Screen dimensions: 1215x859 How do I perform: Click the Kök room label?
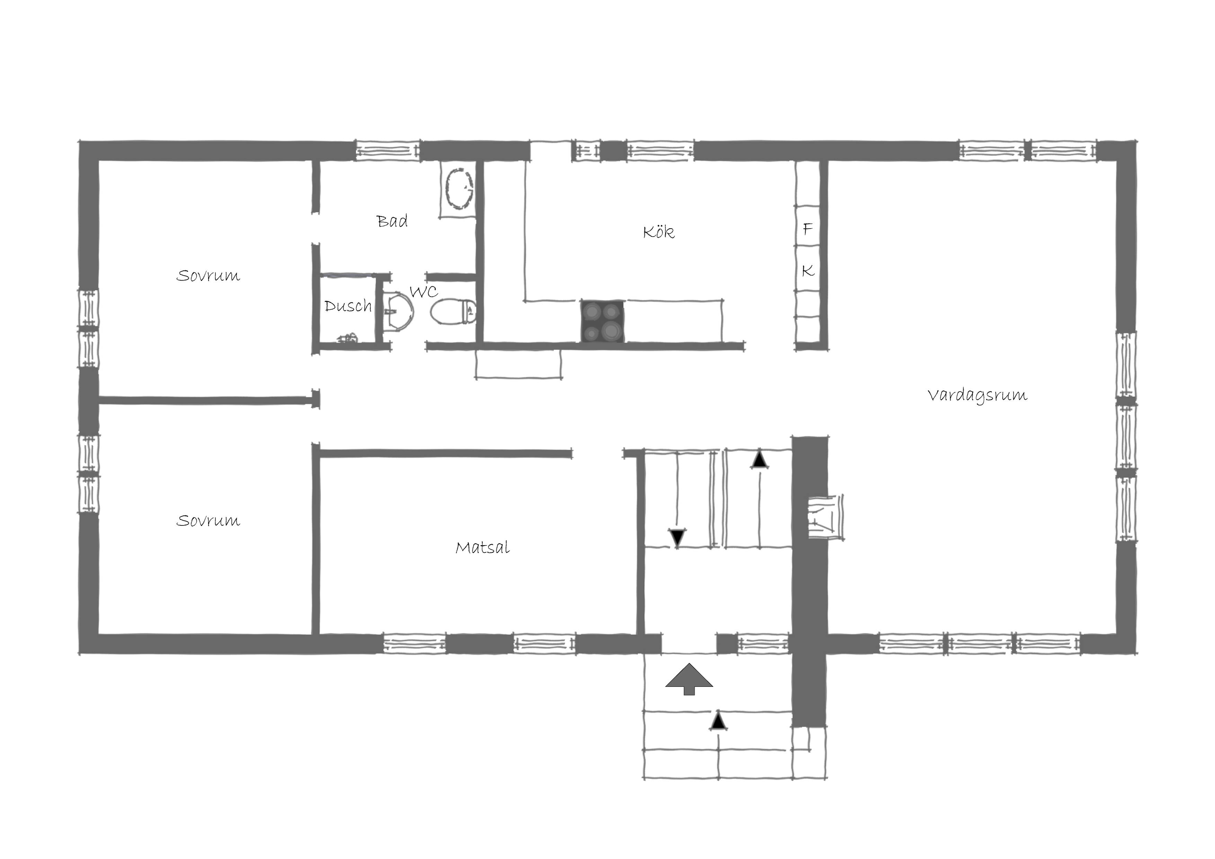click(x=659, y=232)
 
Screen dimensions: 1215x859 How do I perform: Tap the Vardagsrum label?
click(x=977, y=395)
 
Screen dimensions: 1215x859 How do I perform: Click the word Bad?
click(x=392, y=221)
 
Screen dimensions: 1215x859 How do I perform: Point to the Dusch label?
click(x=348, y=306)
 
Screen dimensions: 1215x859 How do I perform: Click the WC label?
click(x=424, y=292)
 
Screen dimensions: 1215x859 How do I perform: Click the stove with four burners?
click(x=603, y=321)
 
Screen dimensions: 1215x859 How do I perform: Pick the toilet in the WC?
click(x=453, y=311)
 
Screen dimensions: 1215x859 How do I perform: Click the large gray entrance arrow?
click(x=689, y=679)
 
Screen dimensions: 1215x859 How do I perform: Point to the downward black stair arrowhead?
click(x=677, y=538)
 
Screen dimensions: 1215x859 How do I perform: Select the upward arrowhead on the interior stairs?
click(x=760, y=459)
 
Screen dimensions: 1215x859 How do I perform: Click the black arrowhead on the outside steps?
click(x=718, y=720)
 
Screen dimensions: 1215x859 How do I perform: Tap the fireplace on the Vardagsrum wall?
click(x=825, y=517)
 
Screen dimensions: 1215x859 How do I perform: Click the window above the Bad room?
click(x=388, y=150)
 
